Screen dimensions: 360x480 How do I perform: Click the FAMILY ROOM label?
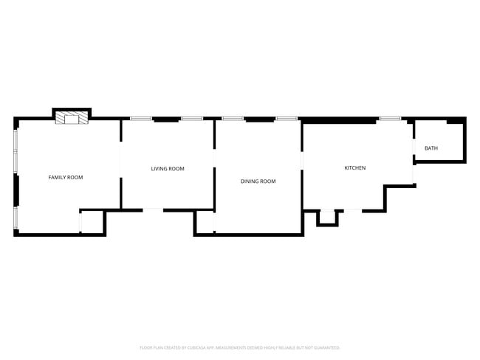point(66,178)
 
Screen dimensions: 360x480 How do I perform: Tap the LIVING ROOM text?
point(168,169)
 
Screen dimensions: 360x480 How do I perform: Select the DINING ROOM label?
point(258,181)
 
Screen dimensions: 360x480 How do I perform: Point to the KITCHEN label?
point(355,168)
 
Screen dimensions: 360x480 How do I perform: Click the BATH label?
point(431,149)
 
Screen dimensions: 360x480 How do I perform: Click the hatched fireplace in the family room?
point(72,118)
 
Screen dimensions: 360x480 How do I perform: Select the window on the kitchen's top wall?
point(390,119)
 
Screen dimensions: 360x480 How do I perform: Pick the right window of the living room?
point(192,119)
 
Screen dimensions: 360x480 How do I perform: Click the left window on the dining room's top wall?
point(233,119)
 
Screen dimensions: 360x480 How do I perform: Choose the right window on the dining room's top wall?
point(287,119)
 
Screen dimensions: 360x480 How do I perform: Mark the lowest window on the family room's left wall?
point(15,218)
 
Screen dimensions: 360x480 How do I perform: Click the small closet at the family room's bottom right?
point(92,222)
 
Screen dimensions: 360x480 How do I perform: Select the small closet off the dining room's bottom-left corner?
point(205,223)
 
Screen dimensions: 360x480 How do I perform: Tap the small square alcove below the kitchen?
point(326,218)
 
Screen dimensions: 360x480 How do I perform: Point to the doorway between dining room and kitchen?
point(302,160)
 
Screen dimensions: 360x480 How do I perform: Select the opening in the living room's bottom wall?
point(153,210)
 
